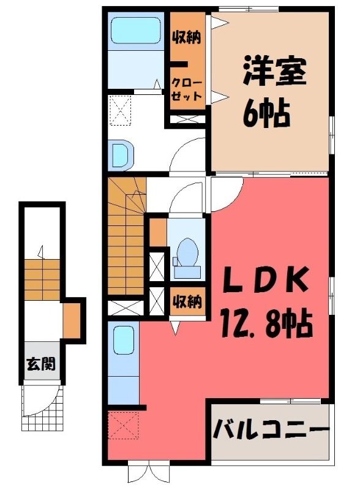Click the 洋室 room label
[274, 71]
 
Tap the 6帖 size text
[266, 113]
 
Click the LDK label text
[265, 279]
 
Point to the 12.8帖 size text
[266, 323]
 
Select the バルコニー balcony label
[271, 430]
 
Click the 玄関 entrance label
[41, 363]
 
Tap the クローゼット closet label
[187, 89]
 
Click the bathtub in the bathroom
[136, 30]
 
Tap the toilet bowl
[187, 252]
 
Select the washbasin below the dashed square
[121, 156]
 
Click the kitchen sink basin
[124, 341]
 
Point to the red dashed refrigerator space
[124, 425]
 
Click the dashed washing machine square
[120, 110]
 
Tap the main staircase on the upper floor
[127, 236]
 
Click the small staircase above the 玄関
[42, 279]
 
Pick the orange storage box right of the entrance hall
[72, 320]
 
